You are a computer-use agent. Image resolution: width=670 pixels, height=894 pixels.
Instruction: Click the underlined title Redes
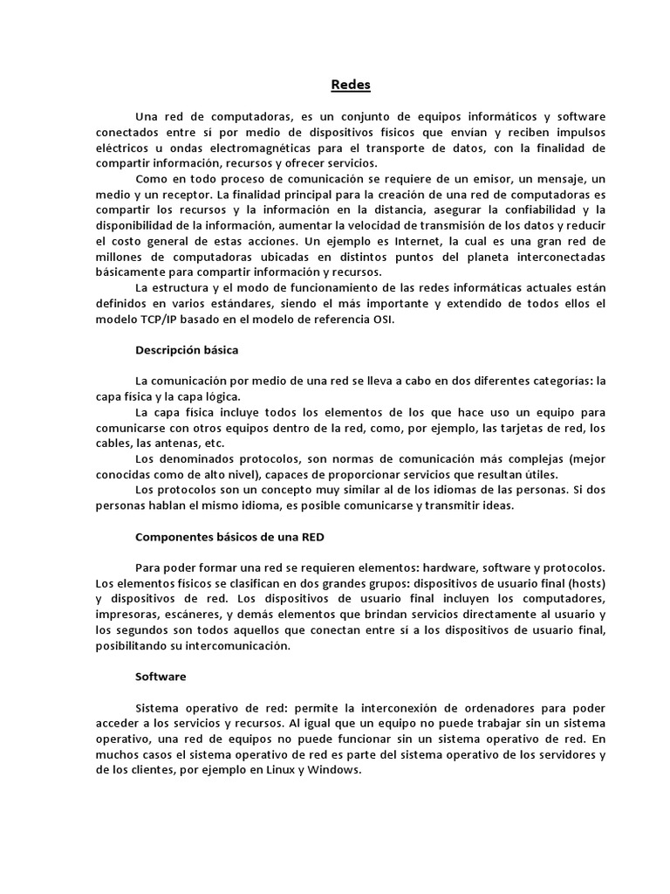tap(351, 86)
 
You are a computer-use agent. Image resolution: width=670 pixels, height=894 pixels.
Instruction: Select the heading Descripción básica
tap(187, 349)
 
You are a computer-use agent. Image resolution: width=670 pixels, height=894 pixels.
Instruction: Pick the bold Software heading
tap(161, 677)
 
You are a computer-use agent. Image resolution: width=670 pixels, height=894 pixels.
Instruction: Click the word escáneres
tap(189, 615)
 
